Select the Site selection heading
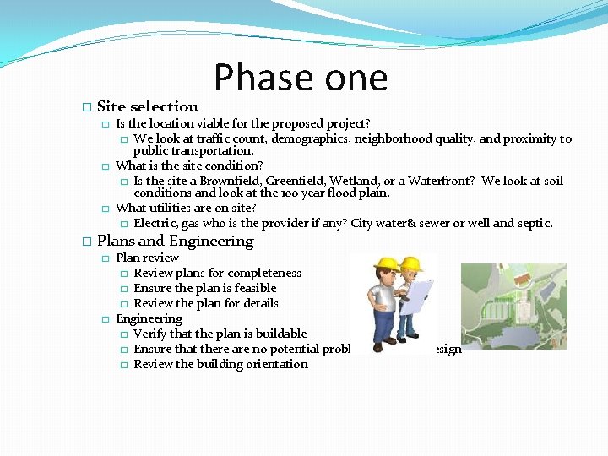pyautogui.click(x=148, y=106)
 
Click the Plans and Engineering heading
pyautogui.click(x=175, y=242)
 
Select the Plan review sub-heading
pyautogui.click(x=147, y=258)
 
